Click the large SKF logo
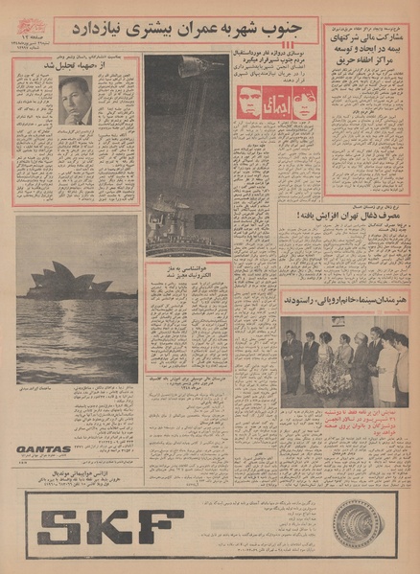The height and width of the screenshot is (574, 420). click(110, 527)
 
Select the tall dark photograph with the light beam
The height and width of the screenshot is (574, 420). click(186, 153)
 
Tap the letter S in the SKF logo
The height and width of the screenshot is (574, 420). click(58, 527)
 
